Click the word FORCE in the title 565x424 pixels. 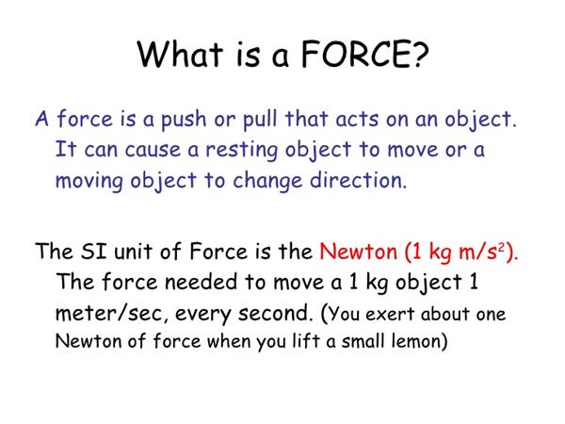pos(355,54)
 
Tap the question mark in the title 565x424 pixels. pos(420,54)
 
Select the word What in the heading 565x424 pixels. pos(180,54)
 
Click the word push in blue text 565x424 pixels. pos(184,120)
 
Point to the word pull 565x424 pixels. pos(260,120)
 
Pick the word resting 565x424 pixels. pos(242,151)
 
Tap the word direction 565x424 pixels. pos(358,180)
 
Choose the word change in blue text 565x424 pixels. pos(267,181)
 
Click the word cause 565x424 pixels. pos(153,151)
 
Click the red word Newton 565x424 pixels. pos(358,251)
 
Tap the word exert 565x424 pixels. pos(390,315)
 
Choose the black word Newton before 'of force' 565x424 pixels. pos(89,341)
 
